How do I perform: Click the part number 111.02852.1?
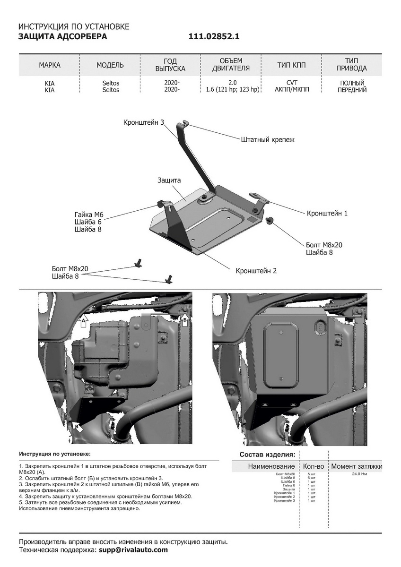click(214, 36)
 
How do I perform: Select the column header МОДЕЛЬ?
click(110, 65)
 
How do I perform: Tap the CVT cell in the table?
click(291, 83)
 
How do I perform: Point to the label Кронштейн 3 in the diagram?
click(143, 122)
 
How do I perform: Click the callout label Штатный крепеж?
click(268, 140)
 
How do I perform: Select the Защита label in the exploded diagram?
click(169, 180)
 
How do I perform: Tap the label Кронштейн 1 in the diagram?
click(327, 213)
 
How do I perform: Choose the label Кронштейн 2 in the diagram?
click(256, 271)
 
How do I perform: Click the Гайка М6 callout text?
click(88, 214)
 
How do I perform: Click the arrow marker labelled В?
click(77, 427)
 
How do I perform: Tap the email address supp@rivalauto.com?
click(133, 550)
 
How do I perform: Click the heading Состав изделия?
click(267, 455)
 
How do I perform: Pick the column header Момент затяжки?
click(356, 466)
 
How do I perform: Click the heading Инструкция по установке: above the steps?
click(54, 454)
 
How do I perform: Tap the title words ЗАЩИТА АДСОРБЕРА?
click(62, 36)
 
